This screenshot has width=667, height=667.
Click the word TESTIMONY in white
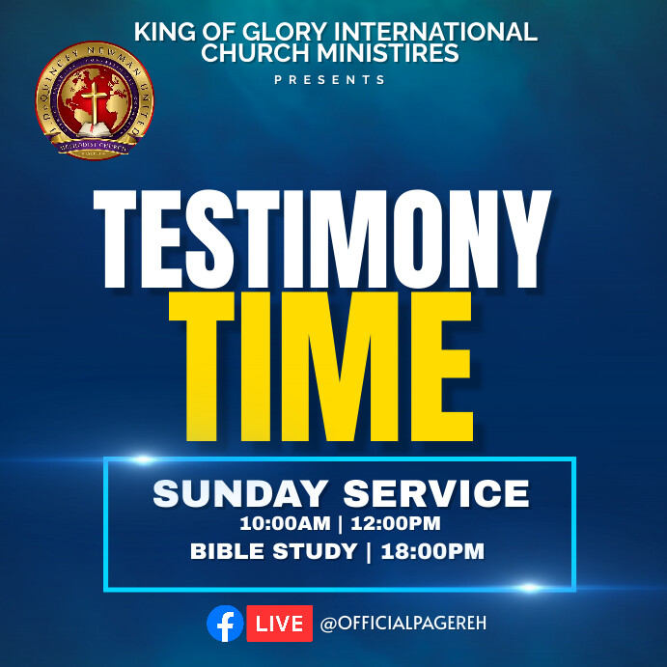[321, 239]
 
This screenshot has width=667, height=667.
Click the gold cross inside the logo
[95, 97]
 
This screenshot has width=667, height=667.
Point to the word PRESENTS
[329, 80]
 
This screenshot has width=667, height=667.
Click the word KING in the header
[164, 32]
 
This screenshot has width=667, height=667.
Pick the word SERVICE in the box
[435, 494]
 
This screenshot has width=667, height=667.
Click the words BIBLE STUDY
[273, 552]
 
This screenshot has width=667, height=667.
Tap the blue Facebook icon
[225, 624]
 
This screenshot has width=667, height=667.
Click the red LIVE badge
[280, 624]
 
